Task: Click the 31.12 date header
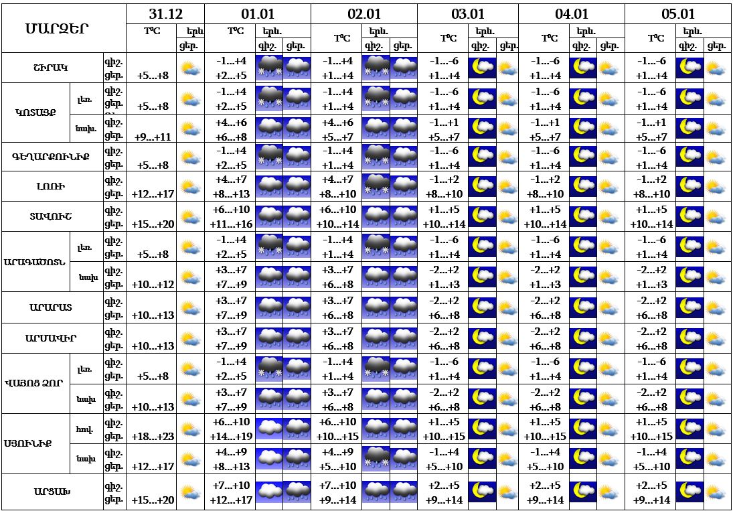coord(165,13)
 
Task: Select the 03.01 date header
coord(467,13)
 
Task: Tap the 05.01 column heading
coord(678,13)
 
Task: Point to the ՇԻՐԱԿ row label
coord(52,68)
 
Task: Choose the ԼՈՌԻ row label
coord(52,186)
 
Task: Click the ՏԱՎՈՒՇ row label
coord(52,216)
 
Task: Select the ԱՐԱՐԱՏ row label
coord(52,307)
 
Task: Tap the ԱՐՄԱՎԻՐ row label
coord(52,338)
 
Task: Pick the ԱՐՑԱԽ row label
coord(52,492)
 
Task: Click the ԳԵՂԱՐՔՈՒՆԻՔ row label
coord(52,157)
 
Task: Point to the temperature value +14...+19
coord(231,436)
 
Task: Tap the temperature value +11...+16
coord(231,224)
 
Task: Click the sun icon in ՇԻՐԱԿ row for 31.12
coord(191,68)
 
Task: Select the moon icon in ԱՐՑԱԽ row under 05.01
coord(689,492)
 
